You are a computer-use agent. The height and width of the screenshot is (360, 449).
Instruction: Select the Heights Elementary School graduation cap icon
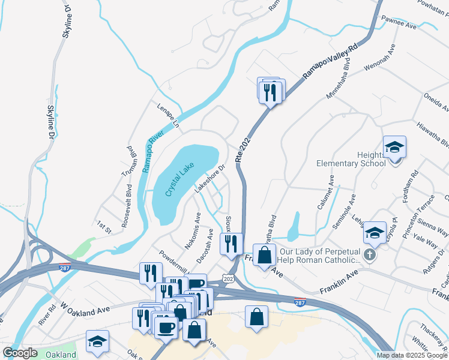395,147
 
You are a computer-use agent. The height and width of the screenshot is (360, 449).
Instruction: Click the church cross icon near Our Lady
370,256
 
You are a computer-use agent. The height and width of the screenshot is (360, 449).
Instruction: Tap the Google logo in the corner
20,353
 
